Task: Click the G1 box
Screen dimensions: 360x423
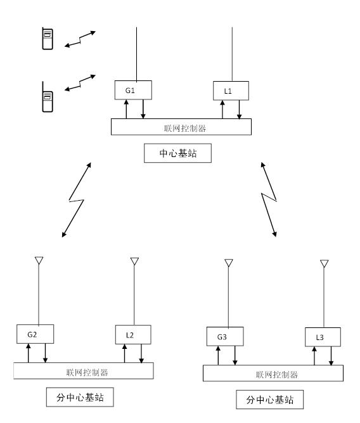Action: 133,90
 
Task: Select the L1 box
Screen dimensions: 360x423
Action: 231,91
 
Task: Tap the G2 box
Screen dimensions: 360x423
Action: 35,334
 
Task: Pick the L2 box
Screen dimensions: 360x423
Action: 133,334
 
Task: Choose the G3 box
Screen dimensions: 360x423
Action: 225,336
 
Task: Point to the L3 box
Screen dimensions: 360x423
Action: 323,337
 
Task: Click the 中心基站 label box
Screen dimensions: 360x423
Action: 177,153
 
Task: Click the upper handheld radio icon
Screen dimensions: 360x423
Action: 48,38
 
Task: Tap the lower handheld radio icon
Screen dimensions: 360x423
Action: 48,97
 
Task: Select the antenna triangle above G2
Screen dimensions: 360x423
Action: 39,260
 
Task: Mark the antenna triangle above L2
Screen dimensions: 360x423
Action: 134,261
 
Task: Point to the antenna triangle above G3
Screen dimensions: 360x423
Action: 229,263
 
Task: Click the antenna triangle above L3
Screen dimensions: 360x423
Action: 324,263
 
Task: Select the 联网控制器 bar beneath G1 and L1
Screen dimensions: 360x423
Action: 181,127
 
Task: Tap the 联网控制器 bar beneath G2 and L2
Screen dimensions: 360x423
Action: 84,370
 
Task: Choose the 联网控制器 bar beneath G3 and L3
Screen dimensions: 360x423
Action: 273,373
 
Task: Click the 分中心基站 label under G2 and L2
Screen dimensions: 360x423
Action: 80,397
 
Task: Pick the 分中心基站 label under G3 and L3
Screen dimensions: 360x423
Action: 270,400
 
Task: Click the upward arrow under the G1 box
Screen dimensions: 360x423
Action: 126,110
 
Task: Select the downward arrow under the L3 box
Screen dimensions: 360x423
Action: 331,356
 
